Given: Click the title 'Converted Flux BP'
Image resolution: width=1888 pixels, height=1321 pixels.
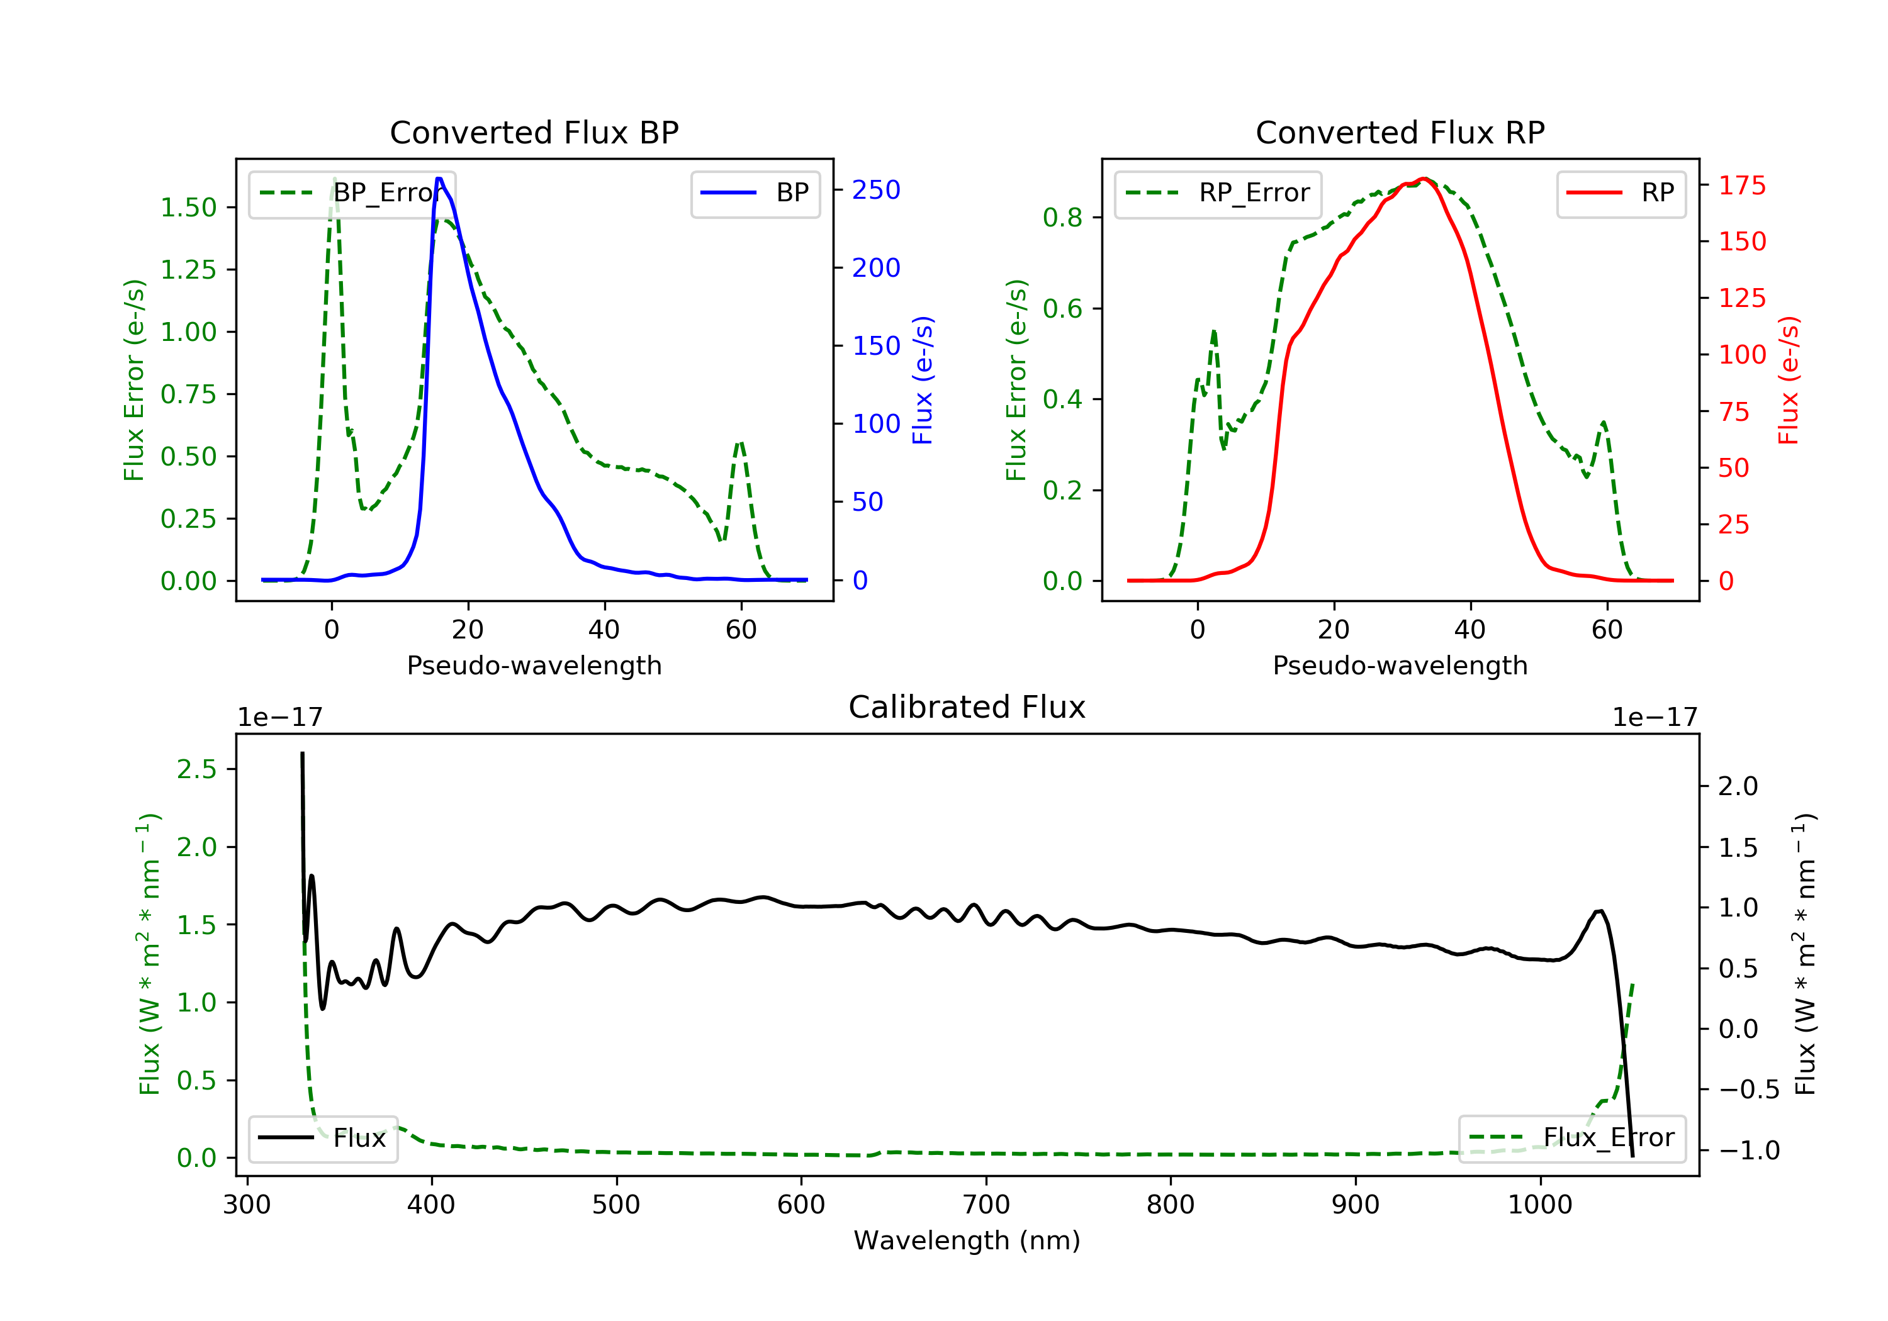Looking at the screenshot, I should pyautogui.click(x=534, y=132).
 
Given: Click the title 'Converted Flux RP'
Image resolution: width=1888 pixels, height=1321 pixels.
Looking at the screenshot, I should pyautogui.click(x=1400, y=132).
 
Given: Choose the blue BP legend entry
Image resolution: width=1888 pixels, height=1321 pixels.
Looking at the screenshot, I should pyautogui.click(x=755, y=193).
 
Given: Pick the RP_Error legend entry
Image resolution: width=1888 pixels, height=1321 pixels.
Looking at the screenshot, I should pyautogui.click(x=1217, y=193).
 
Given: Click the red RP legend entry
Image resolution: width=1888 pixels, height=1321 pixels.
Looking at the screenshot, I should pyautogui.click(x=1621, y=193).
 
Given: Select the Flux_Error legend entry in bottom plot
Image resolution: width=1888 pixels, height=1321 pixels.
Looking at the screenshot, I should pyautogui.click(x=1571, y=1138).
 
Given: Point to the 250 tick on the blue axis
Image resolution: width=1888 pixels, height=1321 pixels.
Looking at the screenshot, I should pyautogui.click(x=876, y=190).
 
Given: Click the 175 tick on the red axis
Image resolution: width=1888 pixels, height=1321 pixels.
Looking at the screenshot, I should pyautogui.click(x=1741, y=186).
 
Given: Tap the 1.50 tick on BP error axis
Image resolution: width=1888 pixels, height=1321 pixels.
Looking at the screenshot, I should pyautogui.click(x=188, y=207).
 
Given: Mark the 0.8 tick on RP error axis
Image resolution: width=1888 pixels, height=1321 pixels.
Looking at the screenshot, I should pyautogui.click(x=1062, y=218).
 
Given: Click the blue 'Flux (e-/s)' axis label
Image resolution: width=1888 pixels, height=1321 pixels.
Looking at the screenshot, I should pyautogui.click(x=923, y=380).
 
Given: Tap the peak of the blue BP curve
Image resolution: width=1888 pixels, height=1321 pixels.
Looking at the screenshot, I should pyautogui.click(x=439, y=179).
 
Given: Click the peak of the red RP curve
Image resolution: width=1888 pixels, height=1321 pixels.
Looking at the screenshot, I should pyautogui.click(x=1424, y=179).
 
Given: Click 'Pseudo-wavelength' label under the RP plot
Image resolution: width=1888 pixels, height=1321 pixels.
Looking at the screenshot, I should pyautogui.click(x=1400, y=665).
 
